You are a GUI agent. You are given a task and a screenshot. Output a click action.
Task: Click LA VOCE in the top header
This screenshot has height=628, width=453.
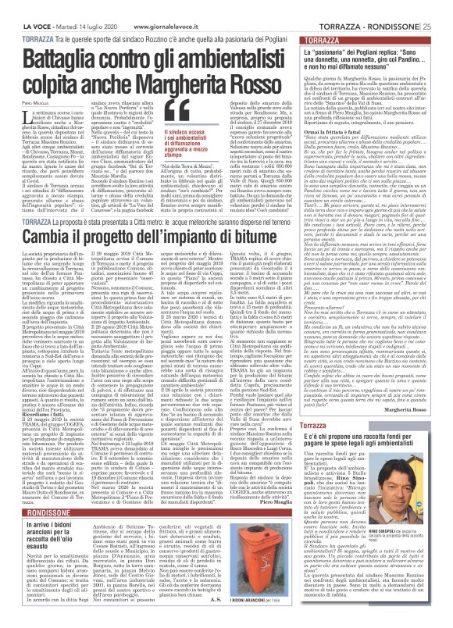pyautogui.click(x=17, y=6)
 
